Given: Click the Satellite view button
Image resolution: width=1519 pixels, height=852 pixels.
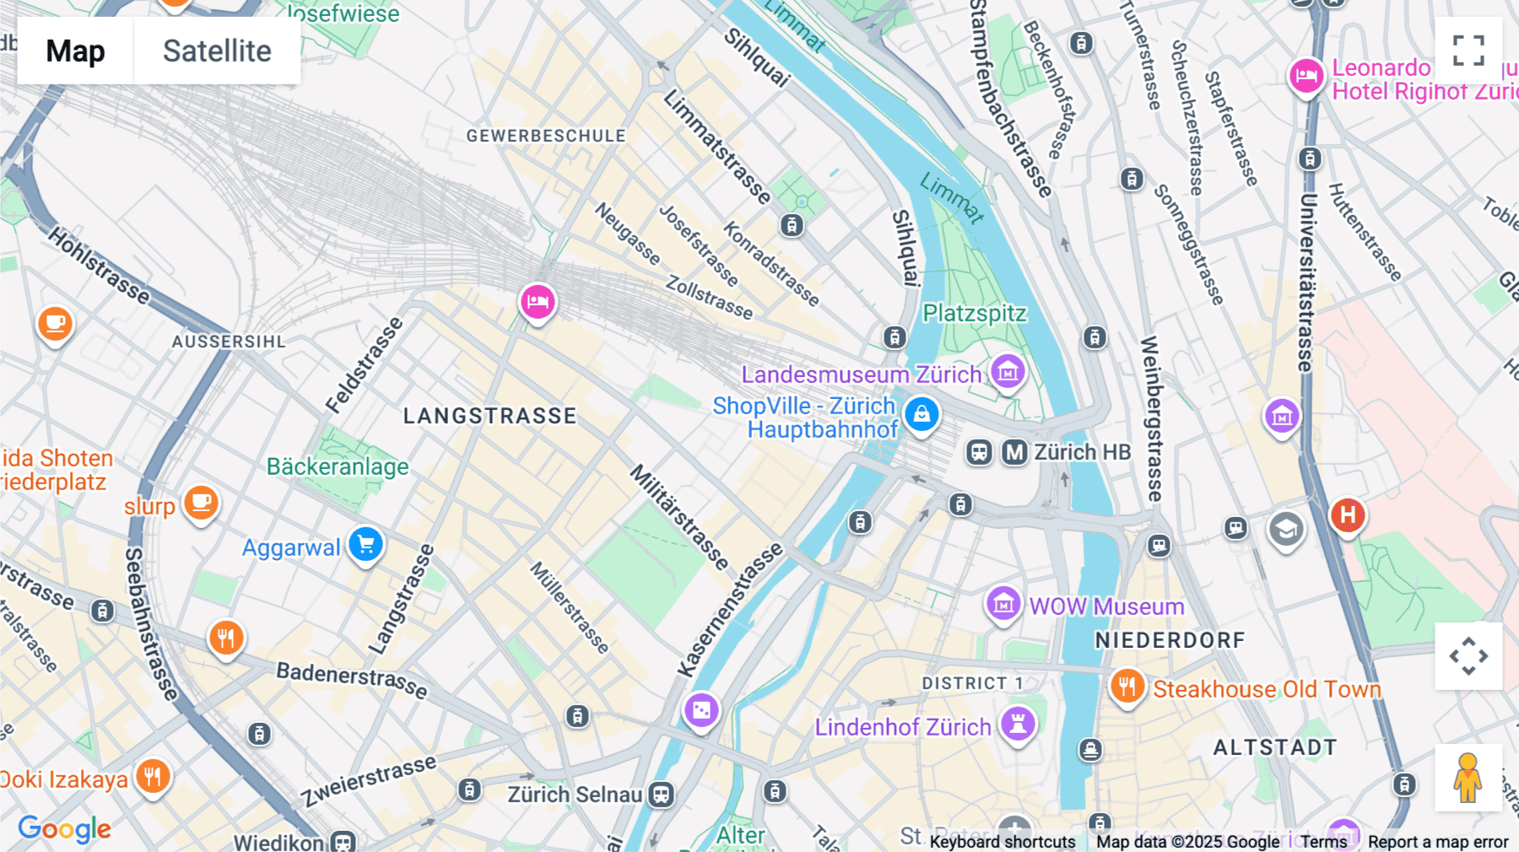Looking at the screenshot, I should point(217,51).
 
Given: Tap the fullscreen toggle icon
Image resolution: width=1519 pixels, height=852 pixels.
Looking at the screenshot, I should point(1468,51).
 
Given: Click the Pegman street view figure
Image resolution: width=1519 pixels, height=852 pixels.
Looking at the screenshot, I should point(1468,778).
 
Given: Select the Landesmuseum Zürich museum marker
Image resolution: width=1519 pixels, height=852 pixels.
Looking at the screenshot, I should point(1007,371).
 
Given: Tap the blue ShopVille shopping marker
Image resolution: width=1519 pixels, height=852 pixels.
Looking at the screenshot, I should point(922,414).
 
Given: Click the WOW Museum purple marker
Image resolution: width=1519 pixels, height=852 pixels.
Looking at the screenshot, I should point(1003,603).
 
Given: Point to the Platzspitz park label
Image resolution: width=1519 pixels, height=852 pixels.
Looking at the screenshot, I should point(974,313).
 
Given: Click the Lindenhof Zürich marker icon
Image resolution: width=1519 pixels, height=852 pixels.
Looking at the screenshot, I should point(1018,724).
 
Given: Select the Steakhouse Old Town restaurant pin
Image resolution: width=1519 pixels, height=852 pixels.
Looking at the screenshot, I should point(1127,686).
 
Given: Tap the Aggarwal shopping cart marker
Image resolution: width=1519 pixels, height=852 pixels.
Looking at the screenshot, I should point(365,544).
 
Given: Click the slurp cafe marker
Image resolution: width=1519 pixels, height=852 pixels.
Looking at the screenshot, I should point(201,503).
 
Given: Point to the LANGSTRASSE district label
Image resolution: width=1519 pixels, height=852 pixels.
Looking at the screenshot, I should point(489,416).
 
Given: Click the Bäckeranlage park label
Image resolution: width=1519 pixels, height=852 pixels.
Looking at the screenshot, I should point(338,466).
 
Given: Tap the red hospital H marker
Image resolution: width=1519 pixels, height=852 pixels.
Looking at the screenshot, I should point(1348,514).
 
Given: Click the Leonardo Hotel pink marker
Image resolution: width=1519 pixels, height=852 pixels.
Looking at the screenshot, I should point(1305,76).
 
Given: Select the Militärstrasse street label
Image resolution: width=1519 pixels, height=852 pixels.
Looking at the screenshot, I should point(679,516).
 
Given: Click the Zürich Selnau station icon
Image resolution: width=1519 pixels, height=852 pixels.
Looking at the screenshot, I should point(662,795).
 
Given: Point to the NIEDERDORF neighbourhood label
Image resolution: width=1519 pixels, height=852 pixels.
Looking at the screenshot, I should point(1170,640).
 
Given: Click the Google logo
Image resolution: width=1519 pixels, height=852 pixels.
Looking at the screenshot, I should point(64,829).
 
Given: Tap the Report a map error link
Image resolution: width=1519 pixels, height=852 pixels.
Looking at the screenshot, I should point(1437,842).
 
